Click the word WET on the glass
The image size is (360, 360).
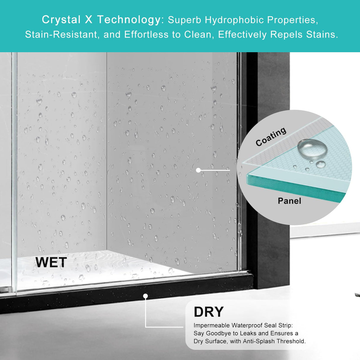[51, 262]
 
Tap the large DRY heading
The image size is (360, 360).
[209, 312]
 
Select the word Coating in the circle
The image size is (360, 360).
[271, 137]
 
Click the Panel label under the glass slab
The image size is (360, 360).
[289, 201]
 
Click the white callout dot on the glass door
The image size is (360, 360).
[198, 170]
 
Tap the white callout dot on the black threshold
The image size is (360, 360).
[146, 296]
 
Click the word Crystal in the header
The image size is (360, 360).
[61, 20]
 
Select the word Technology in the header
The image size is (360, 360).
[129, 20]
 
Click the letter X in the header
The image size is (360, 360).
[89, 20]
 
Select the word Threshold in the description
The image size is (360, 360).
[291, 341]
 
